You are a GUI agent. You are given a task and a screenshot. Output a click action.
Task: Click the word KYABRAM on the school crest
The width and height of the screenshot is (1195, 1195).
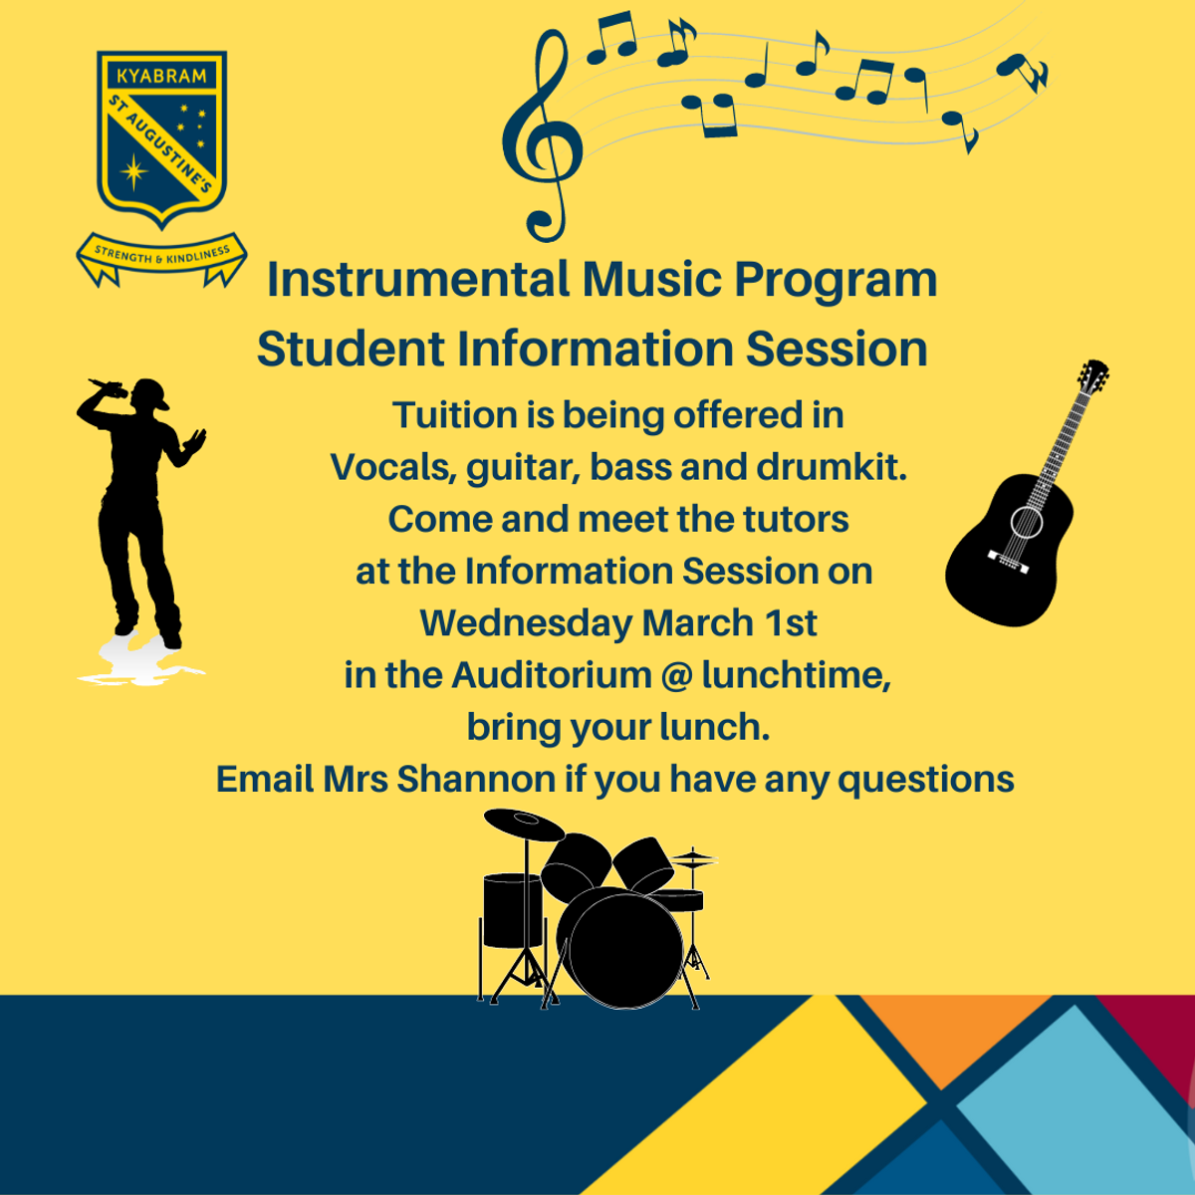[162, 77]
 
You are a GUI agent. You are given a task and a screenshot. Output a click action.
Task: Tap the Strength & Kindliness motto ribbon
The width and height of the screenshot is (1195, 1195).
[161, 257]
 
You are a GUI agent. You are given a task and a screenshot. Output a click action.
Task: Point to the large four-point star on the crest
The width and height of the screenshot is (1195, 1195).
[134, 171]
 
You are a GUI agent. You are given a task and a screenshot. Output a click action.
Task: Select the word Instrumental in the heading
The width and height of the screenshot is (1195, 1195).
[418, 279]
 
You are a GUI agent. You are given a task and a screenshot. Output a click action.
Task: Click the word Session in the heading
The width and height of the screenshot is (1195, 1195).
[836, 349]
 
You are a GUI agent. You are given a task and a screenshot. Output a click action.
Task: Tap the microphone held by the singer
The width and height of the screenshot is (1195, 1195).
[108, 388]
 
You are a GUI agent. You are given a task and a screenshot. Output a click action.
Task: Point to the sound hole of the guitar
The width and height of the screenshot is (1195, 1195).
[1027, 522]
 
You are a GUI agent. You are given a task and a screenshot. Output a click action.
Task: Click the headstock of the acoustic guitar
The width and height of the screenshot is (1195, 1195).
[1093, 375]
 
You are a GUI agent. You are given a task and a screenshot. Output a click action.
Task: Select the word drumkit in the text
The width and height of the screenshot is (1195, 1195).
[832, 467]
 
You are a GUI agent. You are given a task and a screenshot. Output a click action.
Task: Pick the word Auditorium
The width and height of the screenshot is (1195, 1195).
[552, 675]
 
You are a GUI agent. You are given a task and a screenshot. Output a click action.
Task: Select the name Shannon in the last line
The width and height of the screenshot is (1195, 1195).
[476, 779]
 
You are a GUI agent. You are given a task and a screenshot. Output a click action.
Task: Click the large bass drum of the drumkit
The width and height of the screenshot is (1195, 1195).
[625, 951]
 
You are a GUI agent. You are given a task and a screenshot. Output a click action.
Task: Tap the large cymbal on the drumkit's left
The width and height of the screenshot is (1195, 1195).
[525, 825]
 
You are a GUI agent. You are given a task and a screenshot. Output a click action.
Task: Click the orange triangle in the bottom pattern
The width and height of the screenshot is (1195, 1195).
[956, 1041]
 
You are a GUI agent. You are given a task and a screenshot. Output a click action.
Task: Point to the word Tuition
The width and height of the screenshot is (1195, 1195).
[454, 414]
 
